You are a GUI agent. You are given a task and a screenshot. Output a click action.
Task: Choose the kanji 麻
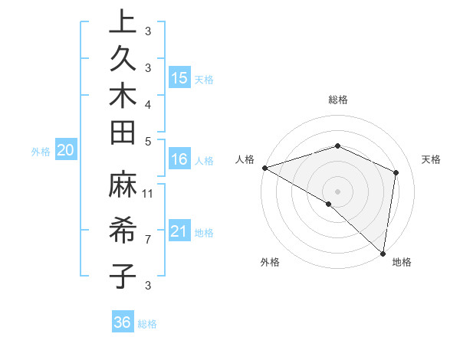click(123, 187)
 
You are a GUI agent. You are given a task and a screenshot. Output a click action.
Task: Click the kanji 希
click(123, 231)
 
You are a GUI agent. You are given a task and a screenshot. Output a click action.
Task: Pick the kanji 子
click(123, 275)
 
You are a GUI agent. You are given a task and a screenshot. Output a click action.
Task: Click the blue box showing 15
click(179, 77)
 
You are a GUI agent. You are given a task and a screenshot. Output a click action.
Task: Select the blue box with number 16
click(179, 159)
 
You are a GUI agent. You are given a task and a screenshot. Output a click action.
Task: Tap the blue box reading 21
click(179, 231)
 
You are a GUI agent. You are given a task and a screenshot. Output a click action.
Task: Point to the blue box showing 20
click(65, 150)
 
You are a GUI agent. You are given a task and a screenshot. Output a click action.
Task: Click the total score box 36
click(123, 322)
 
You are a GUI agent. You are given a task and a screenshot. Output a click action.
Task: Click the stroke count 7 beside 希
click(148, 240)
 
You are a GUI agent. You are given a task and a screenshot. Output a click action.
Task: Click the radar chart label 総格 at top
click(338, 100)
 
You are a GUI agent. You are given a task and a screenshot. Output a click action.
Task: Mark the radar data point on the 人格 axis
click(264, 168)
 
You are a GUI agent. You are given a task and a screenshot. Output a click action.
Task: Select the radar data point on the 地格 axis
click(383, 253)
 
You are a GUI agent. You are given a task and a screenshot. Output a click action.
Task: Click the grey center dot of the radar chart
click(337, 191)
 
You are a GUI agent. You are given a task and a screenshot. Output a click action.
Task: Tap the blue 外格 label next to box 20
click(41, 152)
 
